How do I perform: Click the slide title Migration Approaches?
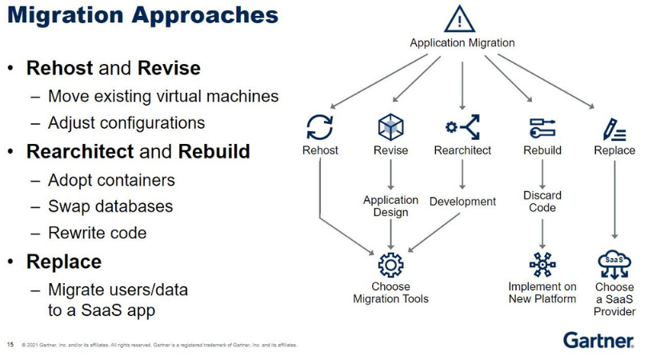click(x=142, y=16)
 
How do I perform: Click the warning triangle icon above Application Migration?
click(x=462, y=20)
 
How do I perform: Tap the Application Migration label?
click(x=462, y=43)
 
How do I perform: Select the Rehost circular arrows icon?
click(x=320, y=127)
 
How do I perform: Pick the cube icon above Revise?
click(x=390, y=127)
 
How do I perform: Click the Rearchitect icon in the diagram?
click(x=462, y=127)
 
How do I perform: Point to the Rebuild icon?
click(x=542, y=127)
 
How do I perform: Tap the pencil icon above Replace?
click(x=614, y=127)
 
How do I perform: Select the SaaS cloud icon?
click(x=614, y=262)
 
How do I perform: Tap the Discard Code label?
click(x=542, y=202)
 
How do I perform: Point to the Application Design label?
click(x=390, y=206)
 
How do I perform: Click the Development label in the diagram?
click(x=462, y=202)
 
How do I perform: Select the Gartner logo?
click(x=598, y=340)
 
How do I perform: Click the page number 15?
click(x=10, y=346)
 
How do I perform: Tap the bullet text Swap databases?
click(x=110, y=206)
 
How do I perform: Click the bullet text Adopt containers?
click(x=111, y=179)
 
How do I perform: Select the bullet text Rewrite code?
click(x=98, y=233)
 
